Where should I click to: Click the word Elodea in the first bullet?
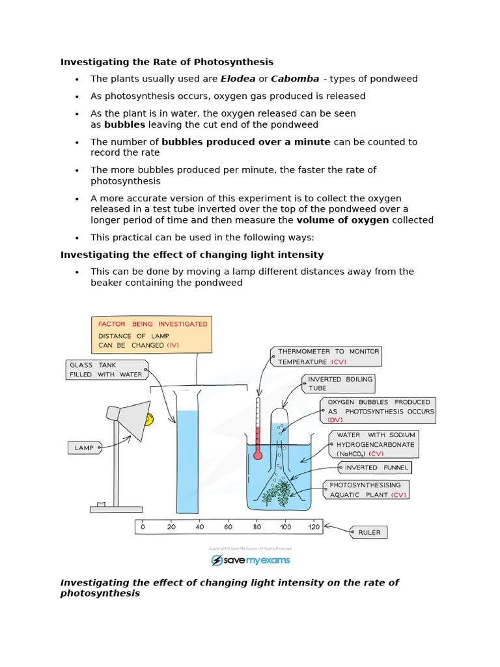[x=238, y=79]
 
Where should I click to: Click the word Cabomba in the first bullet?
[x=295, y=79]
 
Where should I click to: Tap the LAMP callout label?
[x=84, y=448]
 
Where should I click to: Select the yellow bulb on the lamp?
[x=149, y=419]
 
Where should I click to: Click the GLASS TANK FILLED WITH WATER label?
[x=106, y=370]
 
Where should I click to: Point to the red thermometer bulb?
[x=258, y=455]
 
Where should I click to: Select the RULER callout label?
[x=368, y=532]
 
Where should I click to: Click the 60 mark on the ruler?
[x=228, y=526]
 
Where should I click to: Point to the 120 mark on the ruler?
[x=314, y=526]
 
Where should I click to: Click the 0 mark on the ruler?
[x=143, y=526]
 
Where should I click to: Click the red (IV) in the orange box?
[x=173, y=345]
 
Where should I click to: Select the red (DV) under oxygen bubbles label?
[x=335, y=420]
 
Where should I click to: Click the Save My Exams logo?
[x=250, y=560]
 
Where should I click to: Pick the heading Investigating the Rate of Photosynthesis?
[x=167, y=62]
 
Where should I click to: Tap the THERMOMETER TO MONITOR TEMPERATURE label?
[x=325, y=356]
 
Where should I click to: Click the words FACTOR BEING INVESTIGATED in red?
[x=152, y=324]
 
